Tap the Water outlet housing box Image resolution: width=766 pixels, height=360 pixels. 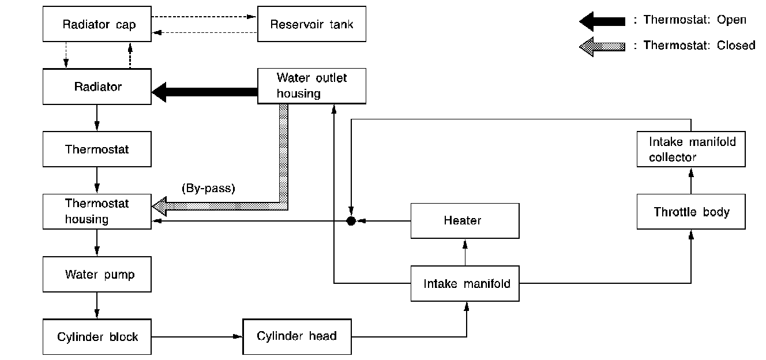tap(311, 86)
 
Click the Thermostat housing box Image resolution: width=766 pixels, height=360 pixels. tap(97, 212)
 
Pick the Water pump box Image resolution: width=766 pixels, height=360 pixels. tap(97, 274)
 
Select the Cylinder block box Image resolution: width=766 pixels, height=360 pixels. tap(97, 336)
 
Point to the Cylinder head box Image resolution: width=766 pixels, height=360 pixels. tap(296, 336)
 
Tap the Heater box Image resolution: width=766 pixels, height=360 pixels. tap(465, 220)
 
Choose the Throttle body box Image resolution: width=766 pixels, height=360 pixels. tap(691, 212)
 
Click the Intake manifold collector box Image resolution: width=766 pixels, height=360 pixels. tap(691, 149)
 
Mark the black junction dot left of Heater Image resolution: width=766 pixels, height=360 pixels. tap(350, 221)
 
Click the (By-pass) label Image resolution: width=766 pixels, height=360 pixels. tap(208, 189)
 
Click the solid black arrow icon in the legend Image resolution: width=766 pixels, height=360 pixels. tap(602, 21)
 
